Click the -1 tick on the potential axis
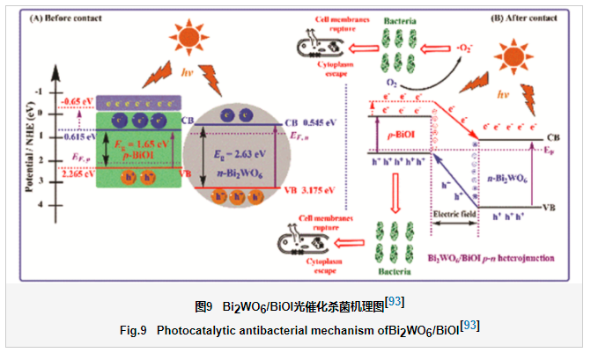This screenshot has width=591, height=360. click(61, 92)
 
